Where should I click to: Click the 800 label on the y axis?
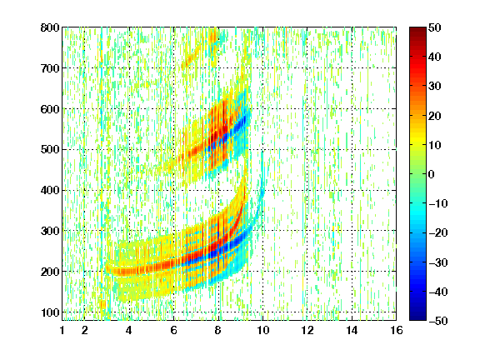50,27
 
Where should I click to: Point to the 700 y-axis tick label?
50,68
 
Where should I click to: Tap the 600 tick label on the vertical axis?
50,109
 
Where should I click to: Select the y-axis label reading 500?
50,150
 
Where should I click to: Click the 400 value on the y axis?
50,191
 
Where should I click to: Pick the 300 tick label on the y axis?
50,231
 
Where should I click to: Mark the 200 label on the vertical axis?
50,272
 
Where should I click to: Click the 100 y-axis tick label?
50,312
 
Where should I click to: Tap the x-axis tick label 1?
62,330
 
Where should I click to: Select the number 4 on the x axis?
129,330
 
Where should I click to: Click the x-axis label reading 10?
262,330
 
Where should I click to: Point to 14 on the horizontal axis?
352,330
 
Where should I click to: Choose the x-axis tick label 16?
397,330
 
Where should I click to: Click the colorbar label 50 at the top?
435,27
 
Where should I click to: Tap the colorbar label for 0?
432,174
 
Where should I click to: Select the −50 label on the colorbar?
438,321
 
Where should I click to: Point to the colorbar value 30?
435,87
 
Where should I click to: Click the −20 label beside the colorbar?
438,233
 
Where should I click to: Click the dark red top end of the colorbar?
417,29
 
